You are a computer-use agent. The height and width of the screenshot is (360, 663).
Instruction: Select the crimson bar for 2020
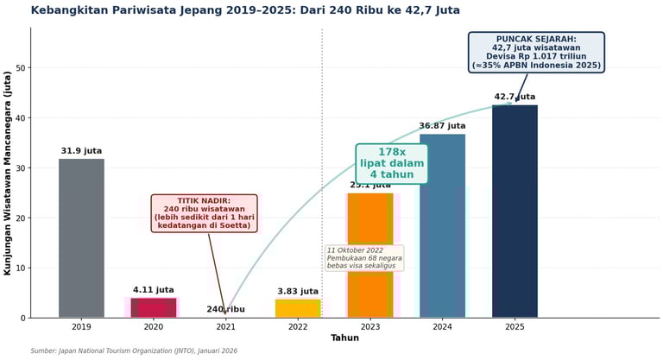[154, 307]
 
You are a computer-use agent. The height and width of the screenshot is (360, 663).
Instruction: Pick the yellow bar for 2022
[298, 308]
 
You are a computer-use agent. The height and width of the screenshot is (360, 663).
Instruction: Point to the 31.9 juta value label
[81, 151]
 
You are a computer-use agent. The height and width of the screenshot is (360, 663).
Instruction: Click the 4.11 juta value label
[154, 290]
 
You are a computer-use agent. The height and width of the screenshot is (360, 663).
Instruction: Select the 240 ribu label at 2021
[225, 309]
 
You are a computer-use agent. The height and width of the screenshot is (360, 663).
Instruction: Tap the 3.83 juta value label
[298, 292]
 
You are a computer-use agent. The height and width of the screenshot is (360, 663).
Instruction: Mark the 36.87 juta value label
[442, 126]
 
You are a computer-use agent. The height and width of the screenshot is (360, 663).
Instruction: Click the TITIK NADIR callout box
[205, 213]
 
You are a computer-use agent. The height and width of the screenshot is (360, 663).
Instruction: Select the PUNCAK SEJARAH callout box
[536, 53]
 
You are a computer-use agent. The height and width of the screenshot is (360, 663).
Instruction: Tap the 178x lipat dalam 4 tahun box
[392, 163]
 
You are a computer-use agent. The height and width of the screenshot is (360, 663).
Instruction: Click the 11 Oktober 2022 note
[364, 258]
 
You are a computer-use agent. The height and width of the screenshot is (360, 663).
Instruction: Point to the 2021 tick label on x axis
[225, 327]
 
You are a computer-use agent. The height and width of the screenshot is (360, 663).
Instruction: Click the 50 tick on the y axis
[20, 68]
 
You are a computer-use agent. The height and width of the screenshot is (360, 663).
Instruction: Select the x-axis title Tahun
[344, 338]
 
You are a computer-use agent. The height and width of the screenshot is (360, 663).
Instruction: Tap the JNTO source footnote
[134, 351]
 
